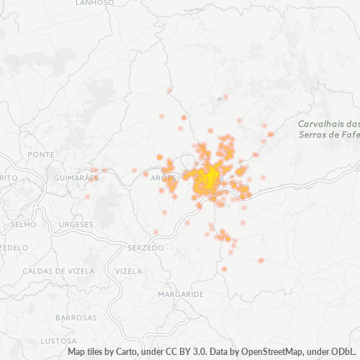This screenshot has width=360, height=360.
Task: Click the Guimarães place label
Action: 76,177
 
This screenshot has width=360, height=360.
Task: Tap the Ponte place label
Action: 40,155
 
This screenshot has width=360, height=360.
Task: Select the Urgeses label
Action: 76,225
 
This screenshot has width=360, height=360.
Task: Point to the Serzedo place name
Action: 145,248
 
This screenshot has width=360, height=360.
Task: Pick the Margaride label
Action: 181,294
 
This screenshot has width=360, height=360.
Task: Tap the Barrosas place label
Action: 76,318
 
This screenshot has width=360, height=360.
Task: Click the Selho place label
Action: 24,225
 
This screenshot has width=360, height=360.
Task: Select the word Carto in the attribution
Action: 126,352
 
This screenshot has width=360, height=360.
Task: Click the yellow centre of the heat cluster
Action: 209,179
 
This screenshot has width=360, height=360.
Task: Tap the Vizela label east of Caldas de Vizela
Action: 128,271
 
